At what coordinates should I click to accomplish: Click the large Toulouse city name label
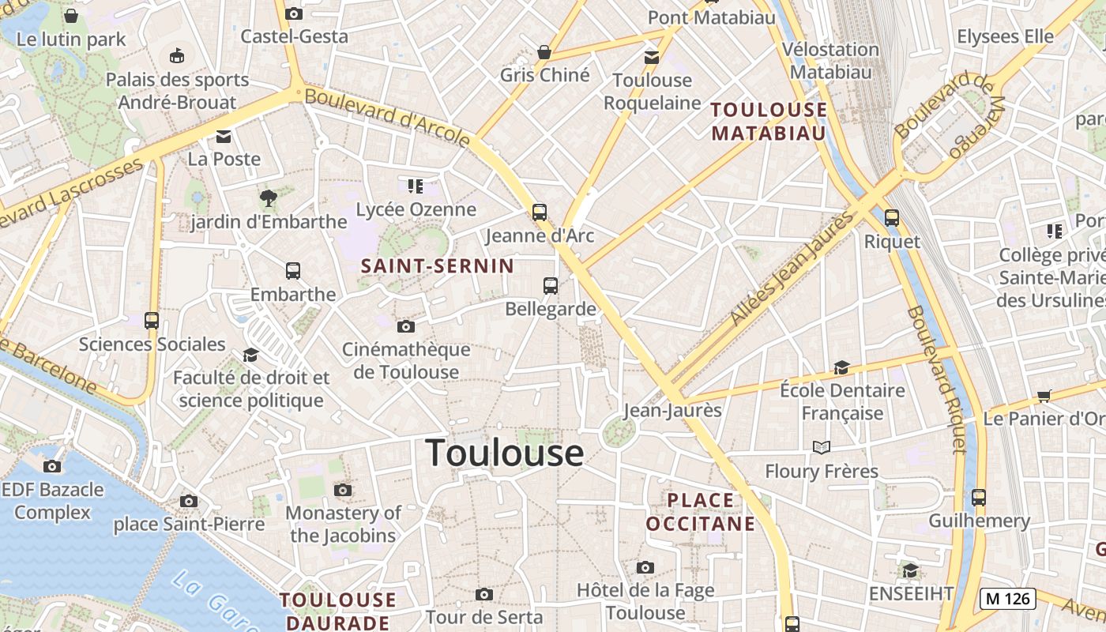505,453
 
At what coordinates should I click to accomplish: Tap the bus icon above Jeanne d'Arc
540,212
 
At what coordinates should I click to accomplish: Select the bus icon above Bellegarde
551,286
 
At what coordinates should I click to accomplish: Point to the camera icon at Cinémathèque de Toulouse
405,326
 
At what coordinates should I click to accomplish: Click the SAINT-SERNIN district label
437,266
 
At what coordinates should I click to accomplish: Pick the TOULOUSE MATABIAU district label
769,121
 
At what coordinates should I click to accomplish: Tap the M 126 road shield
1007,599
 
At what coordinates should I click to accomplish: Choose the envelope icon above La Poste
224,136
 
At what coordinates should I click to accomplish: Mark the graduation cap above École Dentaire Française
841,368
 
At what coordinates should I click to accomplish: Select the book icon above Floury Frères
822,448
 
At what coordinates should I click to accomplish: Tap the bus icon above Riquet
892,218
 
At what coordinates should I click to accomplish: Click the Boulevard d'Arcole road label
387,118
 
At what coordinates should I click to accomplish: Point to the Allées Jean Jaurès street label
792,267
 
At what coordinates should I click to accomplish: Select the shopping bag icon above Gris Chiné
544,52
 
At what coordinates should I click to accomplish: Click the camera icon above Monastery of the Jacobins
342,490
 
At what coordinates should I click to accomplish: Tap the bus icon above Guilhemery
979,498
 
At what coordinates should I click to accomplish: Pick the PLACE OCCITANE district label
700,512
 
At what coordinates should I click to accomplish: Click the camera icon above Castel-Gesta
294,13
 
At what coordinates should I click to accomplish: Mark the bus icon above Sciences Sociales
152,321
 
